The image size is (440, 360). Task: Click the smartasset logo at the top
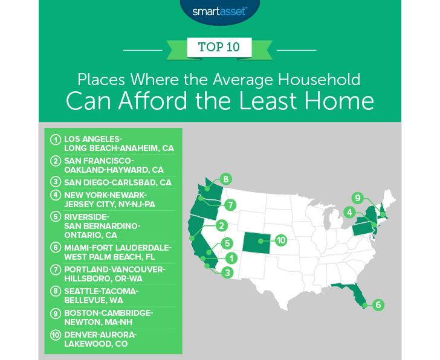(221, 10)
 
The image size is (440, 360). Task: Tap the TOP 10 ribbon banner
(220, 47)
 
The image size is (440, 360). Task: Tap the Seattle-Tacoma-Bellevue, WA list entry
(103, 296)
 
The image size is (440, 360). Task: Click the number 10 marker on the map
(280, 240)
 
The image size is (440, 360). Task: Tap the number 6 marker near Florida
(378, 305)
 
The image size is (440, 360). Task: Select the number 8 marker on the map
(226, 179)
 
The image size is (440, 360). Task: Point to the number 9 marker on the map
(358, 198)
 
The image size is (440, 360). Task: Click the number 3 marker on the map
(226, 273)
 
